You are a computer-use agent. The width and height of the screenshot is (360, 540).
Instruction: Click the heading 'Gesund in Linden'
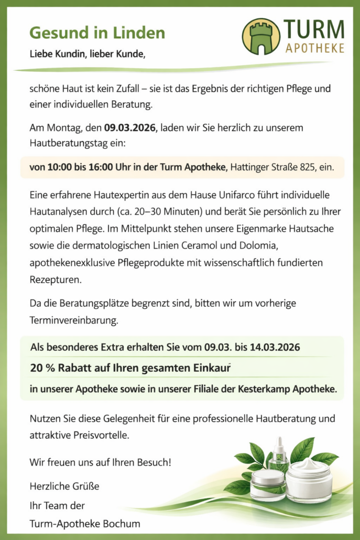[x=97, y=33]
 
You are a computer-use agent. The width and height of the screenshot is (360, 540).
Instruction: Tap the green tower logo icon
[x=261, y=37]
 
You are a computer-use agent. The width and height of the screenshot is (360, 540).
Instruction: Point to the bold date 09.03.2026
[x=130, y=127]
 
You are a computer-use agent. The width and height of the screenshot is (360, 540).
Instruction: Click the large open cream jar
[x=309, y=480]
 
